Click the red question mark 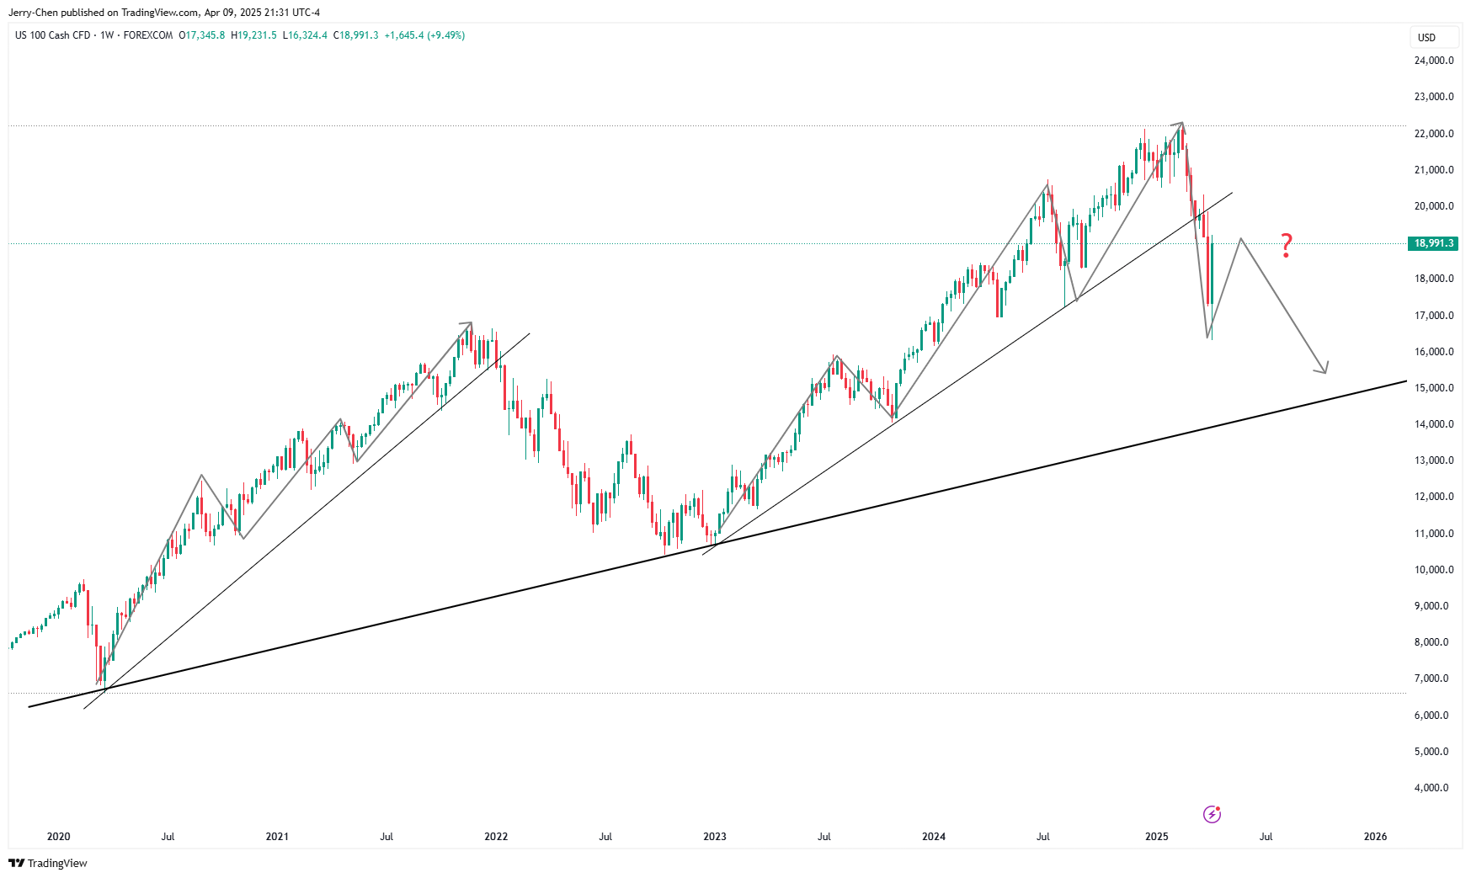[1286, 245]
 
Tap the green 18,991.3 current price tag [1433, 243]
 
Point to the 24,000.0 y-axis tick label [1433, 61]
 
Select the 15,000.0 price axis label [1433, 388]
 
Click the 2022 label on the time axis [496, 837]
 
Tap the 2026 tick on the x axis [1375, 837]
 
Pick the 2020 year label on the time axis [59, 837]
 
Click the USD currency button [1426, 37]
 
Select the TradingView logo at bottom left [48, 863]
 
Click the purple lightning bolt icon [1212, 814]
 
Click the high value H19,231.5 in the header [253, 35]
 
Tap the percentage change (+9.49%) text [445, 35]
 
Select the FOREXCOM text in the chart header [148, 35]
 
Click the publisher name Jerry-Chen [33, 13]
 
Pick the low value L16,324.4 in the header [305, 35]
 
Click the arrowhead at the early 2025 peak [1181, 125]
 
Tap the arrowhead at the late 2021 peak [469, 324]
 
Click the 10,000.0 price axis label [1433, 570]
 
